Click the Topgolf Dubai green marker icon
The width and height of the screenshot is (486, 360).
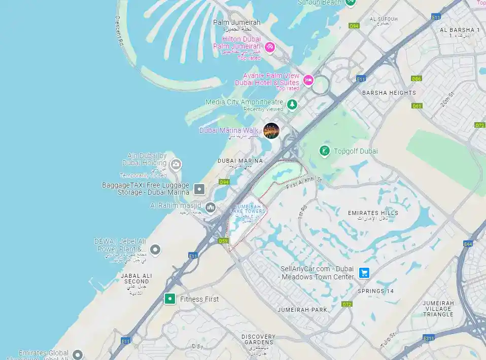[324, 151]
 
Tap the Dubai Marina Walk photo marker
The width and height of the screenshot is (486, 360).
[271, 131]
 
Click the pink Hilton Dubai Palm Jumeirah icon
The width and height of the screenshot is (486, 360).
[270, 47]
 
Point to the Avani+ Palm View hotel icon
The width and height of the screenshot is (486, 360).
[308, 80]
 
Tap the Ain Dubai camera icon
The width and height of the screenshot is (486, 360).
[176, 164]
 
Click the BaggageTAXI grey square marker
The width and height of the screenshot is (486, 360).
[200, 189]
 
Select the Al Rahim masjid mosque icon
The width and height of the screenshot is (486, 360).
[211, 207]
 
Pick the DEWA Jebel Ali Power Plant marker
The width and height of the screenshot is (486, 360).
[156, 249]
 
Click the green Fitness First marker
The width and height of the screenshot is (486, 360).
[170, 299]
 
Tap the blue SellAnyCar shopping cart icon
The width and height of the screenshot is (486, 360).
[364, 273]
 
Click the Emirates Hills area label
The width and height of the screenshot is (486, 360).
[373, 213]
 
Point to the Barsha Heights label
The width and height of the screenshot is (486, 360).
[389, 93]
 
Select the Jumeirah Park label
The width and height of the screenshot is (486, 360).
[302, 309]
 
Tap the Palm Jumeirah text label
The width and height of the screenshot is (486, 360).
[236, 22]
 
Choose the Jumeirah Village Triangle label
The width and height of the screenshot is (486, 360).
[438, 308]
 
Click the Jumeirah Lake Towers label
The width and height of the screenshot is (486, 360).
[248, 209]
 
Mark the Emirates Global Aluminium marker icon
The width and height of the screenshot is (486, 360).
[78, 354]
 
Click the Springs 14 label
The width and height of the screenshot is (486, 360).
[375, 291]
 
